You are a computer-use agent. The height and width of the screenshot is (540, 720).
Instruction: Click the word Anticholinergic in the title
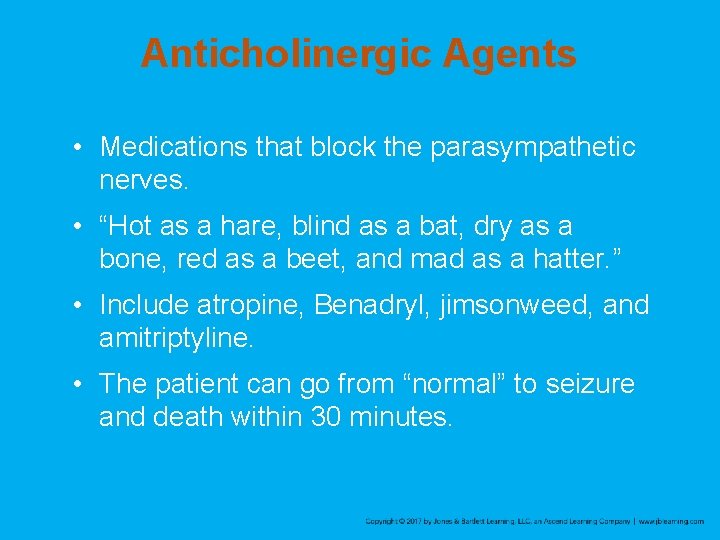271,53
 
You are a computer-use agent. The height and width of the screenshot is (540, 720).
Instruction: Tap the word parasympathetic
533,148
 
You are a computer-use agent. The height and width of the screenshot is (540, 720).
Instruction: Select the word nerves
141,181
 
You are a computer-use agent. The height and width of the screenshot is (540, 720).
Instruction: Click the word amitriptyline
176,338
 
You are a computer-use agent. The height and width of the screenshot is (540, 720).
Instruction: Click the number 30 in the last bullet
324,416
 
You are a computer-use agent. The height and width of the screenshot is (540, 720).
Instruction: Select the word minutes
400,416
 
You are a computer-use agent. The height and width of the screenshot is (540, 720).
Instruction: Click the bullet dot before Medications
78,148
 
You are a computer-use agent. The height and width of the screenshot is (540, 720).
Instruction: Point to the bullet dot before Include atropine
78,305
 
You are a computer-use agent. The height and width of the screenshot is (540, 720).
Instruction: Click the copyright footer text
534,521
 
